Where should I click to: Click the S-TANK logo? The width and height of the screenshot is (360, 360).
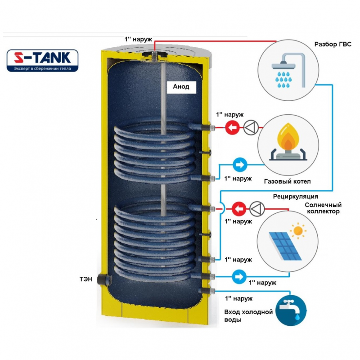coord(43,61)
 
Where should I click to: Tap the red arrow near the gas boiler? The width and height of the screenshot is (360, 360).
coord(232,128)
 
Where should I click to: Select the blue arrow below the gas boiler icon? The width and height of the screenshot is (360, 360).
coord(239,165)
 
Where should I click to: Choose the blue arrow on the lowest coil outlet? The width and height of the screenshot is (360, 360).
coord(238,275)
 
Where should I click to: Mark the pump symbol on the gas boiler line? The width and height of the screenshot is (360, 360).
coord(250,128)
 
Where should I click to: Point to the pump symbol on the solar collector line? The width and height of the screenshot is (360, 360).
coord(257,209)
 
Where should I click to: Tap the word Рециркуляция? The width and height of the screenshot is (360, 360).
coord(296,197)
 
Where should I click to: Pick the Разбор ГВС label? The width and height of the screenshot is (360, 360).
coord(333,45)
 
